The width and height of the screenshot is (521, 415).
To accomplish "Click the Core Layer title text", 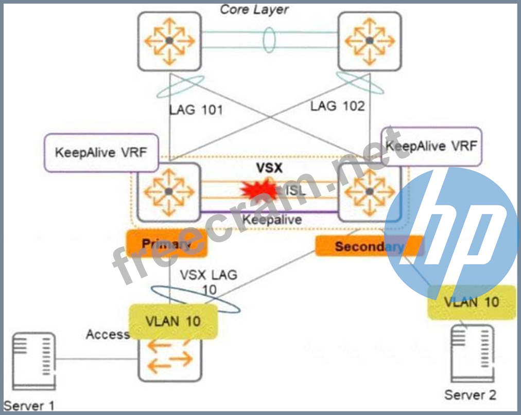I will point(254,9).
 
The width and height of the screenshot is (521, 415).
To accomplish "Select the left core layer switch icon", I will point(169,41).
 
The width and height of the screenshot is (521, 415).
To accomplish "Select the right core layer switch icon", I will point(369,41).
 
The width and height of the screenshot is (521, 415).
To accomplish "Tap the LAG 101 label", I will point(196,110).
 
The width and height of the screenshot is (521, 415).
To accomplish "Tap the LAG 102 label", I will point(337,106).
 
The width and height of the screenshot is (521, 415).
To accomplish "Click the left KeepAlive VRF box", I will point(101,153).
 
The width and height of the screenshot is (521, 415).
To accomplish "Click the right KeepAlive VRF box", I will point(431,146).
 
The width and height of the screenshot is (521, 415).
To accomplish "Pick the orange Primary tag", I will point(166,244).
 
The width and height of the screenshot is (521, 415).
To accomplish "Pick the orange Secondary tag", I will point(369,246).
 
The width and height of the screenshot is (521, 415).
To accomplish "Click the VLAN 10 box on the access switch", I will point(173,321).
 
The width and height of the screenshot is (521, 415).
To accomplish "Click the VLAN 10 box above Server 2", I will point(471,302).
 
